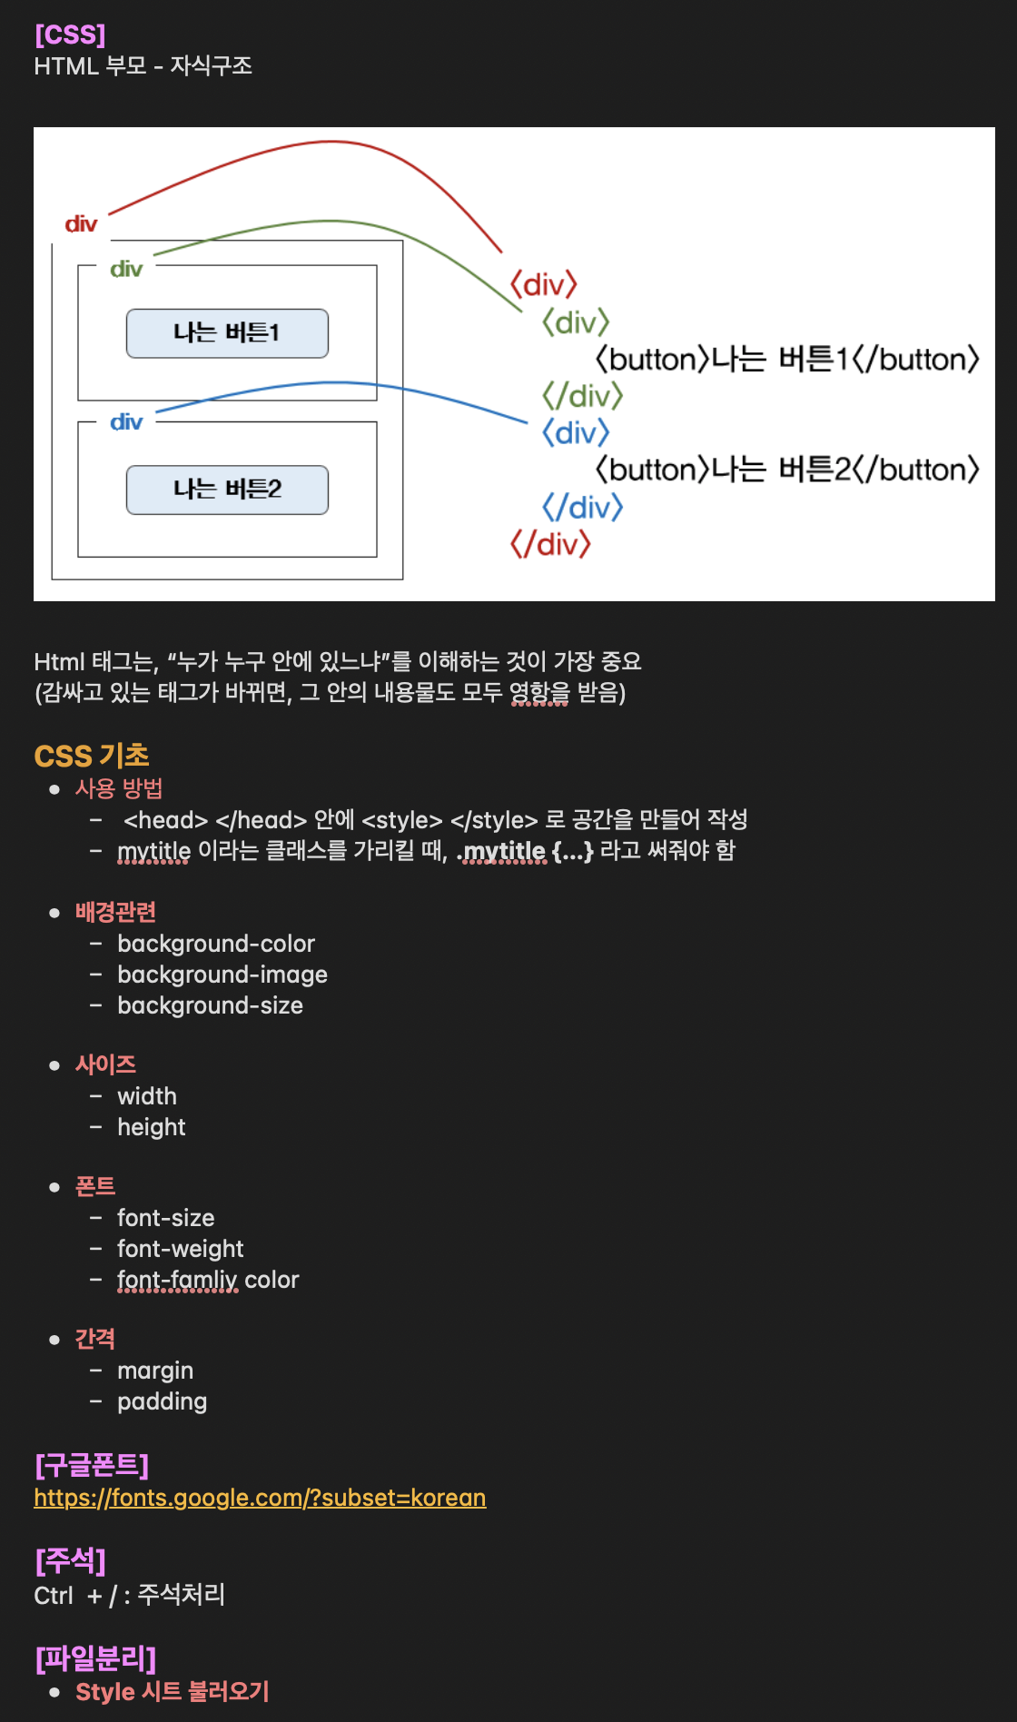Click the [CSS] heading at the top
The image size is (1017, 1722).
click(70, 35)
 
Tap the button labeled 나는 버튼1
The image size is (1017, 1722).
click(227, 333)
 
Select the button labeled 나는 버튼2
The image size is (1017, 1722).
click(227, 490)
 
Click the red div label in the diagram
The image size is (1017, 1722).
click(81, 224)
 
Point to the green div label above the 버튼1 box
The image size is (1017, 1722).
click(126, 270)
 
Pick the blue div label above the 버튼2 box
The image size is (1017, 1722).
click(126, 422)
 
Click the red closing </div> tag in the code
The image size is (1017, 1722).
click(550, 545)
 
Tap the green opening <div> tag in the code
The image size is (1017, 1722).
click(576, 322)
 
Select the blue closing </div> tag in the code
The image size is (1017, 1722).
click(582, 507)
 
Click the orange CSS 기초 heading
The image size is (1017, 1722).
click(92, 756)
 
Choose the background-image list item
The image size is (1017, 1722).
click(222, 975)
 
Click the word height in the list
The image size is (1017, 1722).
click(152, 1127)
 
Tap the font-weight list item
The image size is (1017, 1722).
click(181, 1249)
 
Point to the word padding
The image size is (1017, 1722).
click(163, 1401)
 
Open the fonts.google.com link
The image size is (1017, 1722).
click(260, 1498)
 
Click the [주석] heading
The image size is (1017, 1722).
click(70, 1561)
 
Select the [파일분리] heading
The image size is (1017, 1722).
click(95, 1658)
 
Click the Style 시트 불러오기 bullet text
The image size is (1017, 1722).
click(173, 1692)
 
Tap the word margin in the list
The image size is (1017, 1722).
click(155, 1371)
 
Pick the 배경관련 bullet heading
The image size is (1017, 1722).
click(115, 912)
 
